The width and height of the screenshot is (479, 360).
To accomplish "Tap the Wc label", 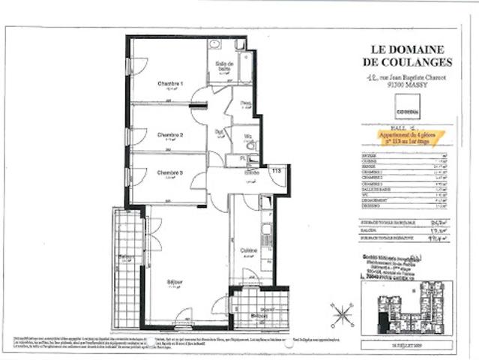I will click(247, 136).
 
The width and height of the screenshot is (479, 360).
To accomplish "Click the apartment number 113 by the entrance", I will click(275, 171).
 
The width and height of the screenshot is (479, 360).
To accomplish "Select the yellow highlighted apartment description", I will click(411, 136).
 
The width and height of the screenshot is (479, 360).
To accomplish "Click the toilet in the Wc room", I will click(251, 145).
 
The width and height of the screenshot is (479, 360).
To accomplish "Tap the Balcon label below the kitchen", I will click(258, 316).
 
